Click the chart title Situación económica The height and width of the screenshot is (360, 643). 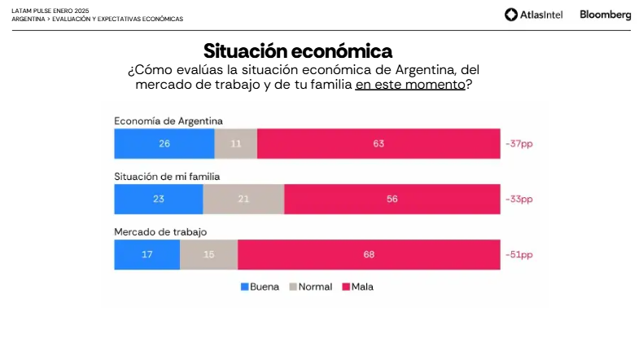298,51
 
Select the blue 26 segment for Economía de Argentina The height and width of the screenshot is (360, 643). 164,143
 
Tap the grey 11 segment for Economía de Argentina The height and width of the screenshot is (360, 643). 236,143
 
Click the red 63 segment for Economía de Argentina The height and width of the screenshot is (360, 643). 378,143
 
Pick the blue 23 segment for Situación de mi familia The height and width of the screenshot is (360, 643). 159,199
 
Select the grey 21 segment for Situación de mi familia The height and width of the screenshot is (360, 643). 243,199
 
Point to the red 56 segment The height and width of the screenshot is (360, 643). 392,199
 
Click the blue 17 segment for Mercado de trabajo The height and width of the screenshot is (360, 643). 147,254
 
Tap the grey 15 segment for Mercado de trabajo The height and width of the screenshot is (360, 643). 208,254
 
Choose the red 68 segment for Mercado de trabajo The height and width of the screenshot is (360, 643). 369,254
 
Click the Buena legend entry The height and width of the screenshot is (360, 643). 260,287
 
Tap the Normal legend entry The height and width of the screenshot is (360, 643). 310,287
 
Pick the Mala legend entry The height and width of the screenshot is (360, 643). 357,287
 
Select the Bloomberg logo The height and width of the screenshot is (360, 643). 605,15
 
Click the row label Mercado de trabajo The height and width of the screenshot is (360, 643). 160,232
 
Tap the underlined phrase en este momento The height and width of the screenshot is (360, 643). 409,84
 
